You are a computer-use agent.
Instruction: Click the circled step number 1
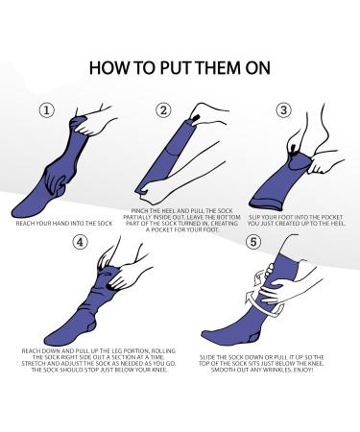click(45, 110)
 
